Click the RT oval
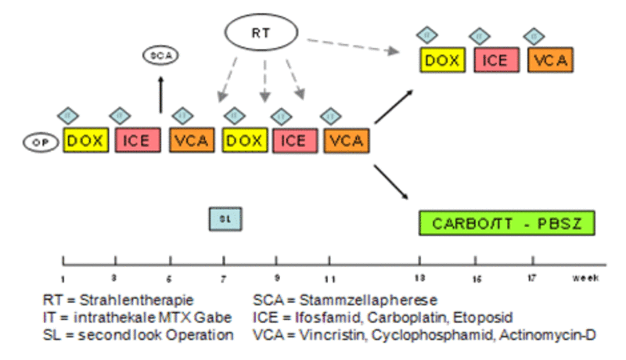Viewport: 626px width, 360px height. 261,33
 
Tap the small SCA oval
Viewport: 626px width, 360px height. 160,56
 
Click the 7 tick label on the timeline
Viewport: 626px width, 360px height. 224,279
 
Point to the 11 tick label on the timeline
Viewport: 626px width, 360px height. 330,279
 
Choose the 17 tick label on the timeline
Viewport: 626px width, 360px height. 533,279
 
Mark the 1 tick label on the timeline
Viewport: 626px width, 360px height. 63,279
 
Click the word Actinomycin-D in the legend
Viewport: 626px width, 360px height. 557,335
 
